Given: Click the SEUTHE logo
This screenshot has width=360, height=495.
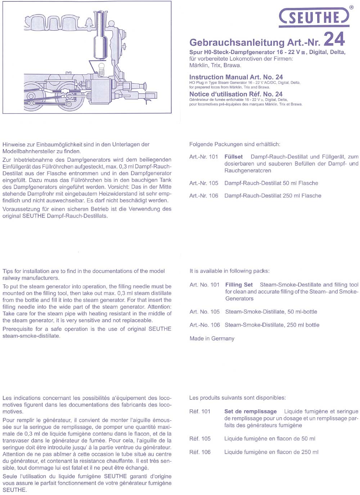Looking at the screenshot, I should (x=314, y=17).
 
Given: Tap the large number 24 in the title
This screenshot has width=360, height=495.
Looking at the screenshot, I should (x=334, y=40).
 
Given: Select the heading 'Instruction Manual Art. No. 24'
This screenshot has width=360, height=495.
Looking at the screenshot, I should (x=236, y=77).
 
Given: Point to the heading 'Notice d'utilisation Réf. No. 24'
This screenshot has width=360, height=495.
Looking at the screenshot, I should (x=236, y=94).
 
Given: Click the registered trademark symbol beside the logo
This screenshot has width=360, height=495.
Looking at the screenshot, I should (x=351, y=7).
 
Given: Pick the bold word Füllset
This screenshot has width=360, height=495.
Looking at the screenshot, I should (x=233, y=157).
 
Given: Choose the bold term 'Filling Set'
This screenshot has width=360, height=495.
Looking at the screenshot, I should (x=239, y=285).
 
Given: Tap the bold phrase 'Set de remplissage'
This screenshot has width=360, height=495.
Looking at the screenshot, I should (x=250, y=411).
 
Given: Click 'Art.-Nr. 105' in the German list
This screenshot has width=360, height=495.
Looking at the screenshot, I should (x=204, y=183).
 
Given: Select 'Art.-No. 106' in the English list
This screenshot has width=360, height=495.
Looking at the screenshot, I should (x=204, y=325).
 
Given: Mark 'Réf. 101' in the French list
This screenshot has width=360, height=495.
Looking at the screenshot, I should (x=200, y=411).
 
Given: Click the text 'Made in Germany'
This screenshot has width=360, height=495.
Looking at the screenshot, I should (x=212, y=339).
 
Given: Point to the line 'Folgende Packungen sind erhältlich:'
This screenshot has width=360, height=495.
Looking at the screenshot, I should (x=234, y=144).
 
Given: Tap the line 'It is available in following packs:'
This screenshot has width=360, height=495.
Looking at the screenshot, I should (x=229, y=271).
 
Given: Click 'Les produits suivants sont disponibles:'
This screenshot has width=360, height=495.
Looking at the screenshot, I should (x=237, y=398).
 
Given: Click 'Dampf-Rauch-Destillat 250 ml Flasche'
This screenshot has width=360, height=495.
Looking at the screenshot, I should (x=273, y=196).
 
